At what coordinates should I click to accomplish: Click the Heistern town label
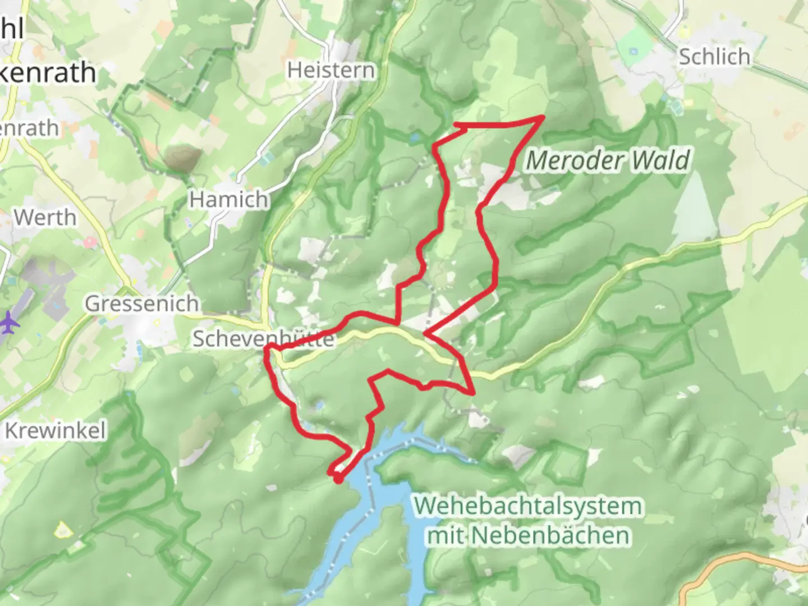pyautogui.click(x=330, y=70)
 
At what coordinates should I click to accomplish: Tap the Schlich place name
pyautogui.click(x=714, y=57)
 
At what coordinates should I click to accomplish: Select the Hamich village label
pyautogui.click(x=228, y=199)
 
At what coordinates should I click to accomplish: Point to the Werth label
pyautogui.click(x=45, y=217)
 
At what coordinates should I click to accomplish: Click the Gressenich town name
pyautogui.click(x=142, y=304)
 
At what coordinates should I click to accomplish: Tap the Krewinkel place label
pyautogui.click(x=55, y=430)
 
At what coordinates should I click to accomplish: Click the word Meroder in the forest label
pyautogui.click(x=575, y=161)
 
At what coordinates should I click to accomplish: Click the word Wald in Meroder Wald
pyautogui.click(x=660, y=161)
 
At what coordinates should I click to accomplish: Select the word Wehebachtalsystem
pyautogui.click(x=528, y=506)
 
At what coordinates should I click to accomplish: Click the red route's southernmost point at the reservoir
pyautogui.click(x=338, y=480)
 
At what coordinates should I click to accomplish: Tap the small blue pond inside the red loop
pyautogui.click(x=319, y=404)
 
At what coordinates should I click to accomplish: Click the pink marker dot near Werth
pyautogui.click(x=89, y=242)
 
